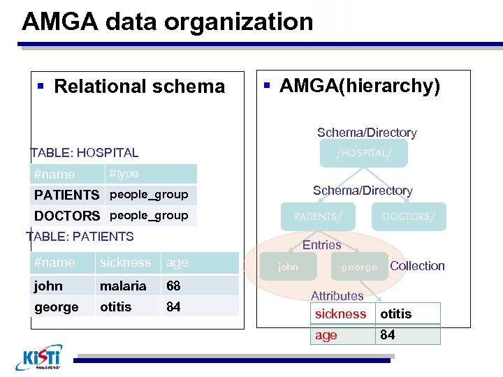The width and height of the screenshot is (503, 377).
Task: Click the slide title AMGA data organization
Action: pos(168,22)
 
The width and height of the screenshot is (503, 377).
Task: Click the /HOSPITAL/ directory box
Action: pos(363,153)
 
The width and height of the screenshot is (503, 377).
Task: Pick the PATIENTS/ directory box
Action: pos(319,216)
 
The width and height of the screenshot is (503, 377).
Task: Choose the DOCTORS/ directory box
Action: pos(408,216)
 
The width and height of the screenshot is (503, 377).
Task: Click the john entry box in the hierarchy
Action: pos(288,267)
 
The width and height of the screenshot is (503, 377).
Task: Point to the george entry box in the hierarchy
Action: pos(359,267)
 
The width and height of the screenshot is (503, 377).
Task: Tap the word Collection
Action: pos(417,266)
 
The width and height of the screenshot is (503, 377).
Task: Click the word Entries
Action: pos(321,245)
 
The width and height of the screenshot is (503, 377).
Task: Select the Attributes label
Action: pos(337,296)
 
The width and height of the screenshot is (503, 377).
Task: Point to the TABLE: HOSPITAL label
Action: pos(84,153)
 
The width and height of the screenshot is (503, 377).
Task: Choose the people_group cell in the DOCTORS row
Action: pos(150,216)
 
